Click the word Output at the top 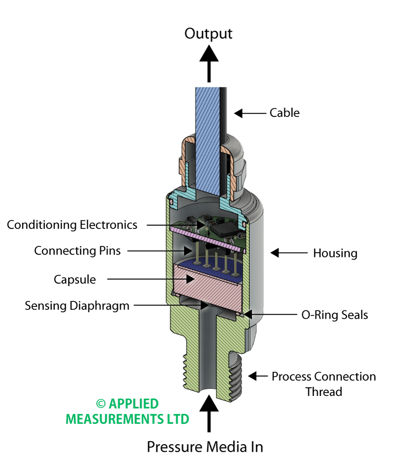click(208, 34)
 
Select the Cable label click(284, 113)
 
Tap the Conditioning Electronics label click(72, 225)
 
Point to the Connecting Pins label click(77, 251)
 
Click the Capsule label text click(75, 280)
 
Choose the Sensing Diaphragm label click(77, 306)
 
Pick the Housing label click(335, 253)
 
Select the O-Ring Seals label click(334, 315)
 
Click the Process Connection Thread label click(324, 384)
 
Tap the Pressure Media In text click(205, 447)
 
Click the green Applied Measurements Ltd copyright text click(128, 411)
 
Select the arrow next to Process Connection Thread click(257, 377)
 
